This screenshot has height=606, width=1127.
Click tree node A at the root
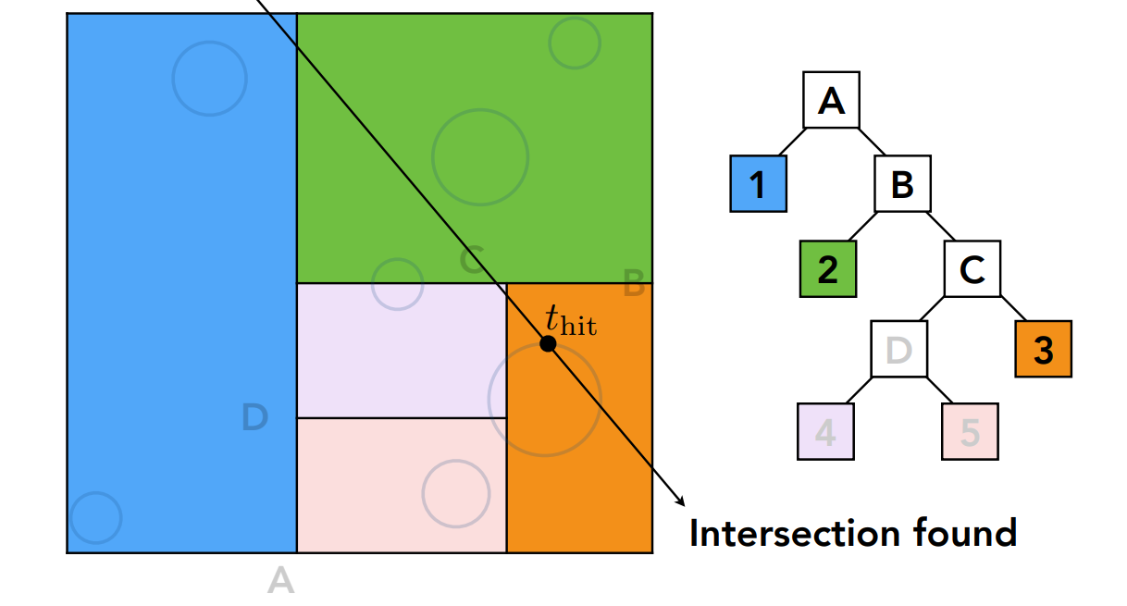[831, 100]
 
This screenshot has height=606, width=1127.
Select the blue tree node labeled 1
[758, 184]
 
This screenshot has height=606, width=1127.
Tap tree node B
[902, 184]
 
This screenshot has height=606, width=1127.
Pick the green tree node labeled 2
[827, 268]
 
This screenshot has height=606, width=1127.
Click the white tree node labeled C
[972, 269]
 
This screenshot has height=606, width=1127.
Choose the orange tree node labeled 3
[1043, 350]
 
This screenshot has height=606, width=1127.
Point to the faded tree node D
[898, 350]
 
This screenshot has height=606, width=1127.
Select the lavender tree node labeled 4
[825, 432]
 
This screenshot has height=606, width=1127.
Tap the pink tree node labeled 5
[970, 432]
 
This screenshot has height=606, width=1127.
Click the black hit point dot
[548, 343]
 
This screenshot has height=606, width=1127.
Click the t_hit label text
[570, 320]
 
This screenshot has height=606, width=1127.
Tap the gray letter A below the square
[280, 581]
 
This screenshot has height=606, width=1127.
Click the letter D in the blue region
[254, 418]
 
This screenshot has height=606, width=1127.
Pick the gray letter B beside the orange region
[634, 285]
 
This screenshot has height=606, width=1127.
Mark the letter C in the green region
[471, 261]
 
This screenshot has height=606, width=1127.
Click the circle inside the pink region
[455, 493]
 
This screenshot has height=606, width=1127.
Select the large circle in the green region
[480, 156]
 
